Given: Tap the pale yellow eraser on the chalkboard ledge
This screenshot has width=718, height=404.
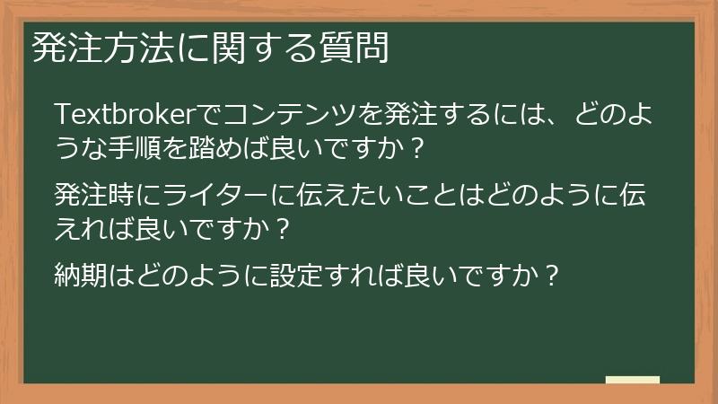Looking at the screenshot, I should point(632,379).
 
